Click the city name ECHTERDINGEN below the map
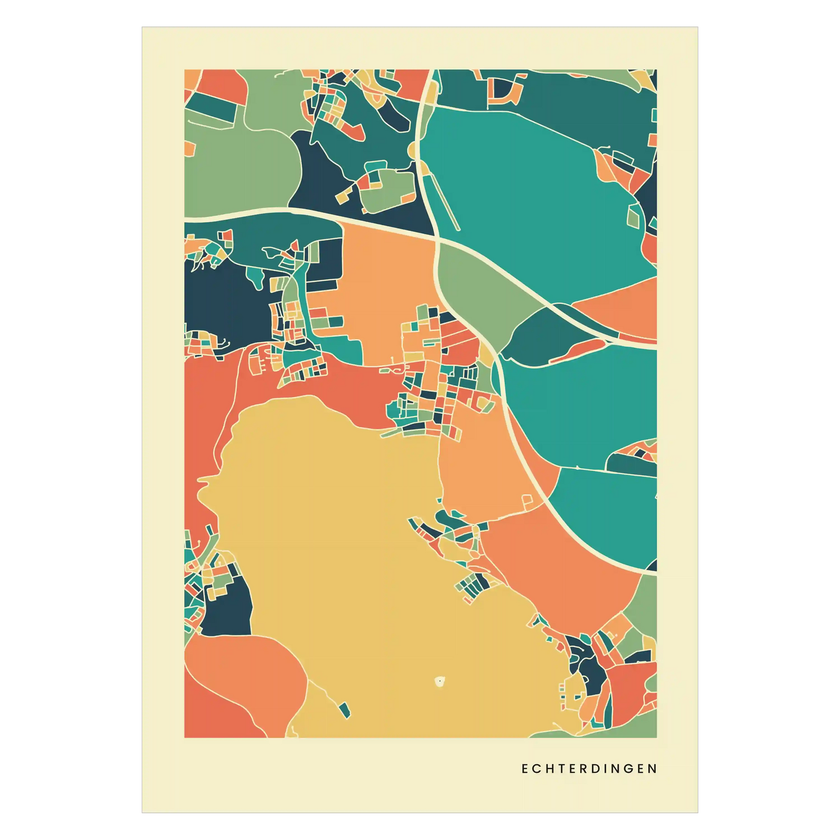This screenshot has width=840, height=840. click(x=589, y=768)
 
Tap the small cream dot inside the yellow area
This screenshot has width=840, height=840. click(x=441, y=680)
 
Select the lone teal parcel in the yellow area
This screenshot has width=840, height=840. click(x=345, y=710)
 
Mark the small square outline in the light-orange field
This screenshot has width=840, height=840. click(x=527, y=499)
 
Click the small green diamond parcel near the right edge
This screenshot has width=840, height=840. click(x=633, y=217)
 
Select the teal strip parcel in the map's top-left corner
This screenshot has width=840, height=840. click(x=210, y=108)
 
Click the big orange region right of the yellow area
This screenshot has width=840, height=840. click(x=564, y=570)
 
